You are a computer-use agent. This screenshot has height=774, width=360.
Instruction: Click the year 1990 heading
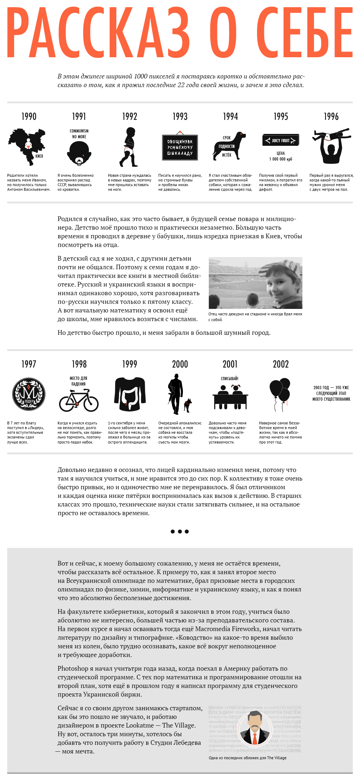point(29,117)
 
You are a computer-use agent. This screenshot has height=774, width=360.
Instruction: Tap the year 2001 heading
point(230,364)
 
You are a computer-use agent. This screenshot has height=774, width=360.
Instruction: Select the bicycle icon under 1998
point(79,401)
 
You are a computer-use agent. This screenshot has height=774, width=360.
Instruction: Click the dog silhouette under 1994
point(230,145)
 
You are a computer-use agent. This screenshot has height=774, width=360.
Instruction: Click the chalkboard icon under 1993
point(180,147)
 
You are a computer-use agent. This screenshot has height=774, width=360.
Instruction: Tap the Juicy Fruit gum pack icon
point(280,140)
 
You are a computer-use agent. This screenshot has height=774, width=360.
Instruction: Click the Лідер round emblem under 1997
point(29,394)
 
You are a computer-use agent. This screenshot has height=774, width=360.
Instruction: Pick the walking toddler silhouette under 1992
point(130,147)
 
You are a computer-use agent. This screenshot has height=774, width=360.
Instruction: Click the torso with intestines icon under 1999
point(130,394)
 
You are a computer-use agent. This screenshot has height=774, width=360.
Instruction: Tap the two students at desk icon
point(230,397)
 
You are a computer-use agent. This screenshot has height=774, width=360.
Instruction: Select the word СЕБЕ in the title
point(305,33)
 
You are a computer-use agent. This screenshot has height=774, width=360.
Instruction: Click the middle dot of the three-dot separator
point(180,531)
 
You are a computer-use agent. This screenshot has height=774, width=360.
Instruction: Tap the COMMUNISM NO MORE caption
point(79,134)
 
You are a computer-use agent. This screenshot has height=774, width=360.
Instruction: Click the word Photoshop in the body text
point(73,669)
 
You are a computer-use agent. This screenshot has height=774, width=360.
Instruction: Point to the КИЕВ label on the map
point(39,156)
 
